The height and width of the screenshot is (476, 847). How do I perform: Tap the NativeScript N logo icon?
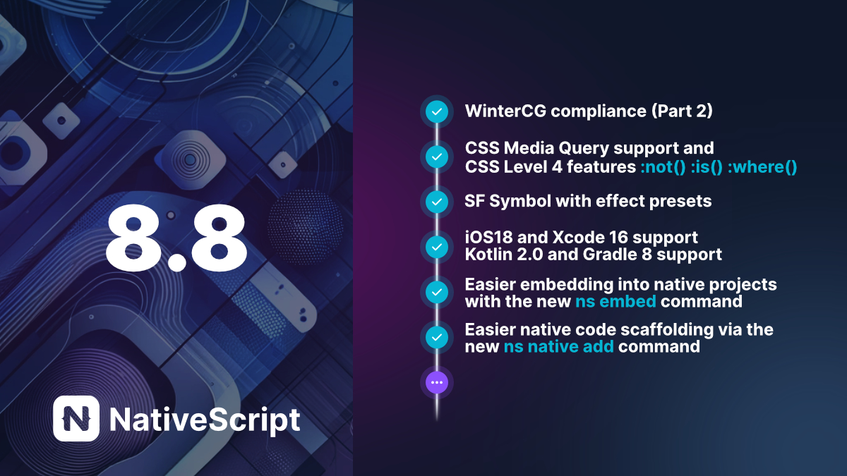pyautogui.click(x=76, y=418)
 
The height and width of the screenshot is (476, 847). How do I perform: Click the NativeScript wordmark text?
pyautogui.click(x=205, y=420)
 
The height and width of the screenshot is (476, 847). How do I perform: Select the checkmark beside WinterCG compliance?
pyautogui.click(x=437, y=111)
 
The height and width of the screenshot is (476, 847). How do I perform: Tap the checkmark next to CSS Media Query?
pyautogui.click(x=437, y=157)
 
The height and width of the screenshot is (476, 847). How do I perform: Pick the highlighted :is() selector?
pyautogui.click(x=710, y=168)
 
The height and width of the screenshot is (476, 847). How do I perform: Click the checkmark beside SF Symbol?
pyautogui.click(x=437, y=202)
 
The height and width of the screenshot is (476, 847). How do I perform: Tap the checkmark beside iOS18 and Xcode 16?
pyautogui.click(x=437, y=247)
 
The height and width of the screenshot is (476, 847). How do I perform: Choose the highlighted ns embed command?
pyautogui.click(x=615, y=302)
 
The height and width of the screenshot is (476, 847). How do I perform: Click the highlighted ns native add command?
pyautogui.click(x=558, y=347)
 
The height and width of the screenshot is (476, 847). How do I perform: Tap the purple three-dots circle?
pyautogui.click(x=437, y=382)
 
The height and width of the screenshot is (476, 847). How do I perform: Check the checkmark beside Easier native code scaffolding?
pyautogui.click(x=437, y=337)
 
